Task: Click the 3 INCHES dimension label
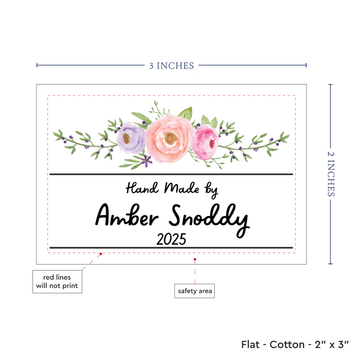pos(172,65)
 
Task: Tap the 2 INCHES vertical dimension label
pos(332,174)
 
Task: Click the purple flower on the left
pos(131,138)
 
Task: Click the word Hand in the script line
pos(142,188)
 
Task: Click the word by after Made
pos(211,190)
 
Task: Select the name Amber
pos(127,217)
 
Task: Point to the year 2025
pos(171,239)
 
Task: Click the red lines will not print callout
pos(56,281)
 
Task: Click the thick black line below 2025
pos(171,248)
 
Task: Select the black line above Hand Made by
pos(171,175)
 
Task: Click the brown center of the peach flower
pos(171,139)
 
